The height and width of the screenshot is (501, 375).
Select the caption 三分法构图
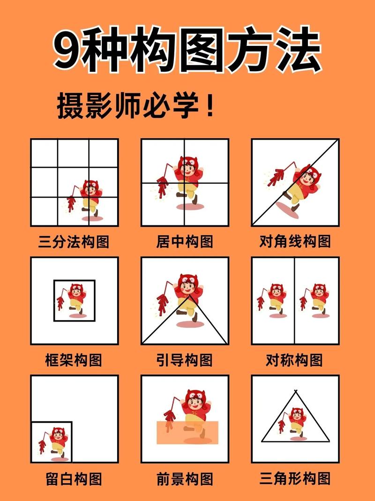pos(74,242)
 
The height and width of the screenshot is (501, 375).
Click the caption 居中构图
pos(185,242)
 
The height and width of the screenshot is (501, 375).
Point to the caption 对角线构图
pos(295,242)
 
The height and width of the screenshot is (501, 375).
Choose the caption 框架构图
pos(74,360)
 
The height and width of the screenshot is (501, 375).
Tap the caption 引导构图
pos(185,360)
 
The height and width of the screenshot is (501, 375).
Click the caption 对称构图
pos(295,360)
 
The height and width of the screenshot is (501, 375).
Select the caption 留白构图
pos(74,479)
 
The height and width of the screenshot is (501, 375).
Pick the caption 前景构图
pos(185,479)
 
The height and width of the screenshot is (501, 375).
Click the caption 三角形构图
pos(295,479)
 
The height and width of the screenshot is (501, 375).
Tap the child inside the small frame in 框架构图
pos(75,300)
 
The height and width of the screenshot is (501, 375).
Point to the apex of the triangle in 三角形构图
pos(295,391)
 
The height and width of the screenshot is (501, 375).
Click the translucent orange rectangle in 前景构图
pos(187,432)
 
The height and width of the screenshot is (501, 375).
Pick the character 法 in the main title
pos(299,50)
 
